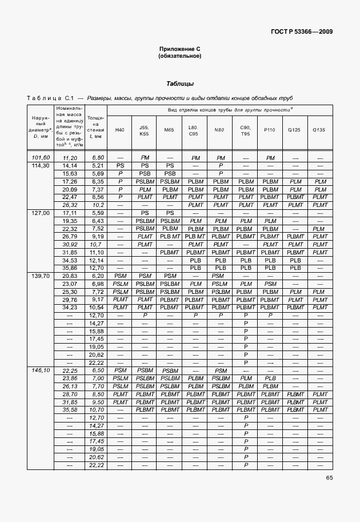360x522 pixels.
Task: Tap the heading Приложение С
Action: tap(179, 50)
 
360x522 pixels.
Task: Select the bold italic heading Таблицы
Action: tap(179, 83)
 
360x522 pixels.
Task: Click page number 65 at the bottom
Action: tap(329, 478)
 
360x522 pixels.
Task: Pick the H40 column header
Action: tap(120, 130)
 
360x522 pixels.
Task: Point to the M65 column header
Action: tap(169, 130)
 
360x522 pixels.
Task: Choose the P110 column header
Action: tap(270, 130)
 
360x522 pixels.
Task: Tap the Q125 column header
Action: tap(295, 130)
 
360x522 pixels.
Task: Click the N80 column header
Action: tap(219, 130)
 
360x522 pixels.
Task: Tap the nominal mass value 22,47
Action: tap(70, 197)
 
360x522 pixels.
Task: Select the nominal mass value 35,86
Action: tap(70, 267)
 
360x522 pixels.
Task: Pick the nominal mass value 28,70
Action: tap(70, 394)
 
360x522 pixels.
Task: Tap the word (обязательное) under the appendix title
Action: tap(179, 56)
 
